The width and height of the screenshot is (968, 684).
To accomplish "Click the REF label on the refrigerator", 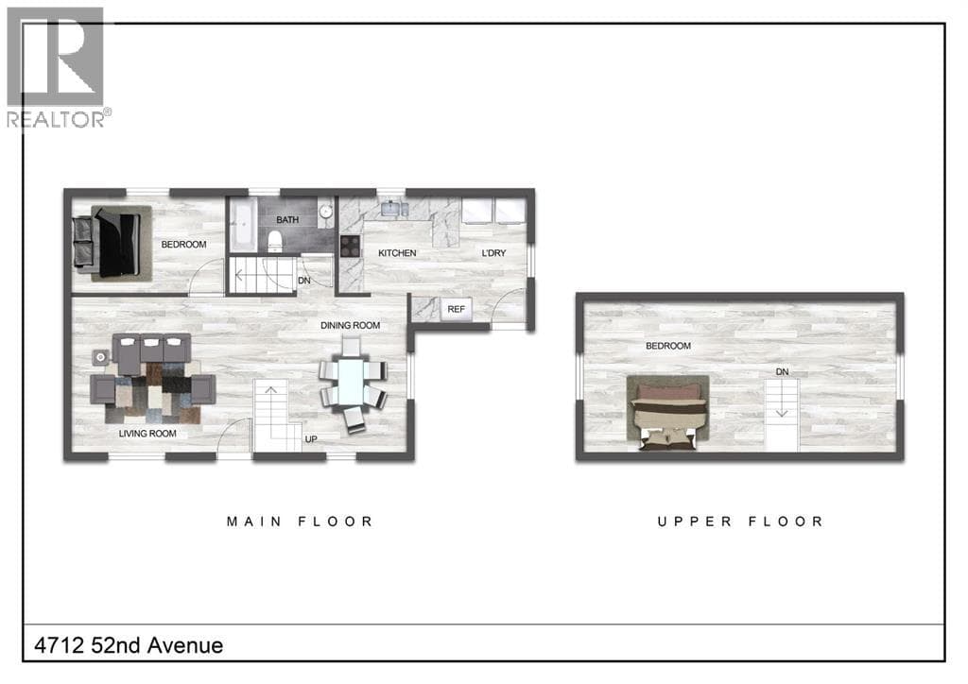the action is [457, 309].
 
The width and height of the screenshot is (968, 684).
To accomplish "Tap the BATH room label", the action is [287, 219].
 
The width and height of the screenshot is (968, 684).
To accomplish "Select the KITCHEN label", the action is [397, 253].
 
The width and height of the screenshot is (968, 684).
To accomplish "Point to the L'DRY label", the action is [493, 253].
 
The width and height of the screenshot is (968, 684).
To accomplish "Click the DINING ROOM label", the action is [350, 325].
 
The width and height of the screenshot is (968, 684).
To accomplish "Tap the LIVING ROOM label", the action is [147, 434].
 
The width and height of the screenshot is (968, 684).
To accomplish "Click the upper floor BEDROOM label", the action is [668, 346].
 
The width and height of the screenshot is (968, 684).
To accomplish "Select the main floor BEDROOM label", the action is [183, 245].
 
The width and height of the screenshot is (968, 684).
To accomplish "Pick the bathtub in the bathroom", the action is [243, 224].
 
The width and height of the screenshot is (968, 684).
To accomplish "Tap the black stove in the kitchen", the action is [350, 246].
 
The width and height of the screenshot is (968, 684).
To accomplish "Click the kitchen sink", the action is [390, 209].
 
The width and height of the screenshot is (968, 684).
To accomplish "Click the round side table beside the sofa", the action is [100, 357].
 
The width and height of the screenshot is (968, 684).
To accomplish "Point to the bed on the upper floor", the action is [667, 414].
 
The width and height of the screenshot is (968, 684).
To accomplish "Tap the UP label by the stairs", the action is [310, 439].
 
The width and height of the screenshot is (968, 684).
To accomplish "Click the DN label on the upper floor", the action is [782, 372].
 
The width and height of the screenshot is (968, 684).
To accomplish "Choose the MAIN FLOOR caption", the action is [300, 522].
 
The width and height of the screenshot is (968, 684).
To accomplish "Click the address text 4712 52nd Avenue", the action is [129, 645].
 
